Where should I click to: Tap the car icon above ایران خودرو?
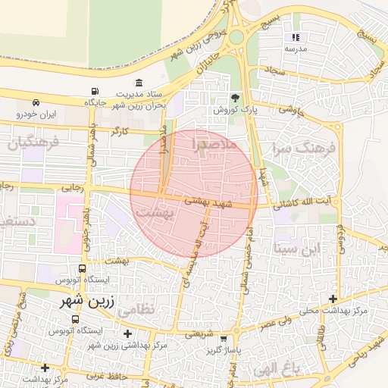point(36,102)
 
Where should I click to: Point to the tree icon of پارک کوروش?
point(235,98)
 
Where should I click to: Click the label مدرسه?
point(295,48)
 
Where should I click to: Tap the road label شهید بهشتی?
point(206,201)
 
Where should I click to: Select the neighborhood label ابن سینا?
point(298,248)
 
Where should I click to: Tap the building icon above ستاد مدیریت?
point(138,83)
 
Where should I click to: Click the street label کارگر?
point(120,131)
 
